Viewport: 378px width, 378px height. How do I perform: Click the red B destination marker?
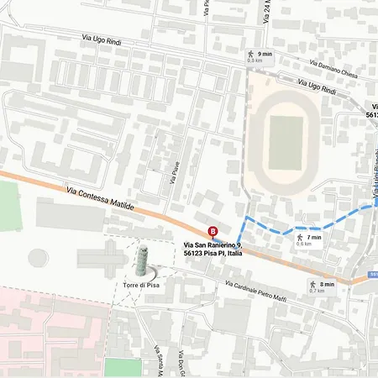pos(213,232)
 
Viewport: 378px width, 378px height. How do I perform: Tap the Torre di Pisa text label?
pos(141,286)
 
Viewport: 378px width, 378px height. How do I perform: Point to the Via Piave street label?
pos(175,177)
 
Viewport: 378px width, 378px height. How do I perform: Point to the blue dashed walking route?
pos(286,228)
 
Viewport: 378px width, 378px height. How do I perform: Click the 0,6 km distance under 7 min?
pos(303,244)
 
